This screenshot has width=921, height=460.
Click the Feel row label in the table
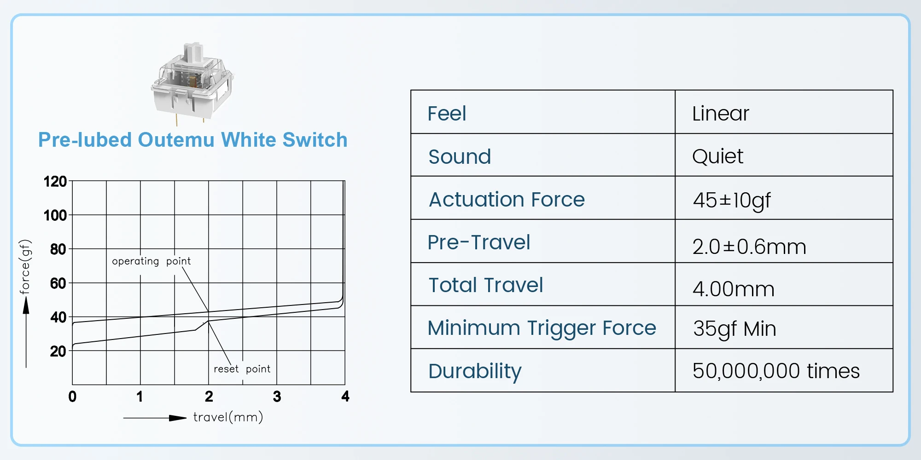point(447,113)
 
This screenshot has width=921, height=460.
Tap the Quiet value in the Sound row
point(717,157)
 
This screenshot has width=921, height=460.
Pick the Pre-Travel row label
point(479,242)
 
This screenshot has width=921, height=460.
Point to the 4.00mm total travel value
point(734,289)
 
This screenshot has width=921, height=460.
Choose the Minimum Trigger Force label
point(542,328)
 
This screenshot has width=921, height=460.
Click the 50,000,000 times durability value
point(776,371)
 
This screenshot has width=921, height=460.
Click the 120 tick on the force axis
point(55,182)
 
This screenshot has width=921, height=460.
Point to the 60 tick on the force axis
point(58,283)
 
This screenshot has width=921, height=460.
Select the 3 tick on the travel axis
point(277,397)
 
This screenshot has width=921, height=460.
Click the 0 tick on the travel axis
point(72,397)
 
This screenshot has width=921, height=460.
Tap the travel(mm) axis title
point(228,417)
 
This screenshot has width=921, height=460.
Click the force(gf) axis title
point(25,267)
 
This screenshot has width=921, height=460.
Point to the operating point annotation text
point(152,261)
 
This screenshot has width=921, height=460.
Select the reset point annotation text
point(242,369)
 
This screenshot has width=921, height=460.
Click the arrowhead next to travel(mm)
point(178,418)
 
